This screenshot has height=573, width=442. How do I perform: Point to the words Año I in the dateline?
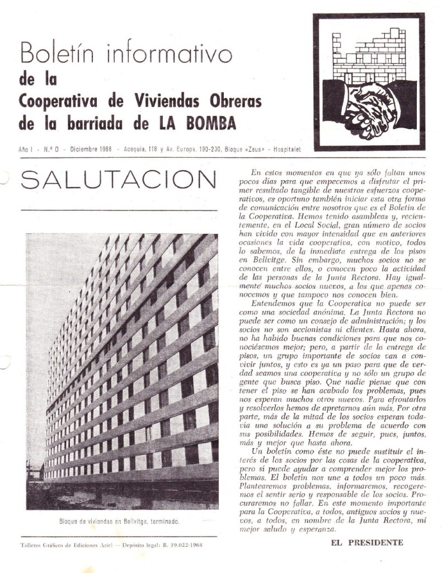(x=26, y=150)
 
